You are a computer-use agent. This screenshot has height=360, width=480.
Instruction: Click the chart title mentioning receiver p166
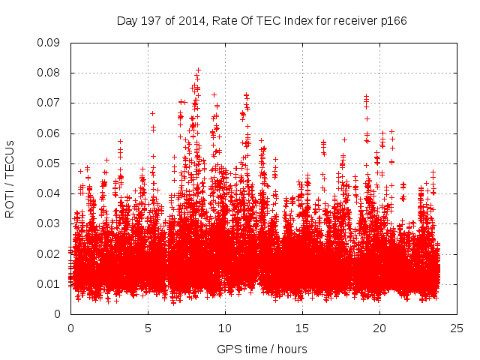coord(262,21)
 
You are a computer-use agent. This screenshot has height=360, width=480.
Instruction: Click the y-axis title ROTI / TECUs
coord(10,178)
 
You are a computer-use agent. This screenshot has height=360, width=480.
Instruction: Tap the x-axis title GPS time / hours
coord(262,349)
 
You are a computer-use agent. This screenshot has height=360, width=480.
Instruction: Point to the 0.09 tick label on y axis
coord(49,42)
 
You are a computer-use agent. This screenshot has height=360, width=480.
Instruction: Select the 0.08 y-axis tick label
coord(49,73)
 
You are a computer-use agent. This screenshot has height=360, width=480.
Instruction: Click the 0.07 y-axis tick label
coord(49,103)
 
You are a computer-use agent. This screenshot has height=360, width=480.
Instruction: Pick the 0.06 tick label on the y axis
coord(49,133)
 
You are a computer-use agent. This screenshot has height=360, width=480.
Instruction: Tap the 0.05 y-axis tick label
coord(49,163)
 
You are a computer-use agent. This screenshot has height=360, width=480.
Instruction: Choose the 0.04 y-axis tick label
coord(49,193)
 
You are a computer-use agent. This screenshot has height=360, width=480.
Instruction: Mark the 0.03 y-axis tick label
coord(49,223)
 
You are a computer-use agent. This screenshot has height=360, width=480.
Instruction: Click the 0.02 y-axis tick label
coord(49,253)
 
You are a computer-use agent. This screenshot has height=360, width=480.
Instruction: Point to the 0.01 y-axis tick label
coord(49,284)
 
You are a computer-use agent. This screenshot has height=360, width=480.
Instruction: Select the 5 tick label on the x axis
coord(148,328)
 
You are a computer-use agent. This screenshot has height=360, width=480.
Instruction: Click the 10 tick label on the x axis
coord(225,328)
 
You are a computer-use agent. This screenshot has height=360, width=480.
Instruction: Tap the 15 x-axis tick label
coord(302,328)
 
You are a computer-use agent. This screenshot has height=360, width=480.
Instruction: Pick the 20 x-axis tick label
coord(379,328)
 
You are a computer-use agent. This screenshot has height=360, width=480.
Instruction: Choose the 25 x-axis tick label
coord(457,328)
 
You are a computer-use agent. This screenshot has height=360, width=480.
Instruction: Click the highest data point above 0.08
coord(198,70)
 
